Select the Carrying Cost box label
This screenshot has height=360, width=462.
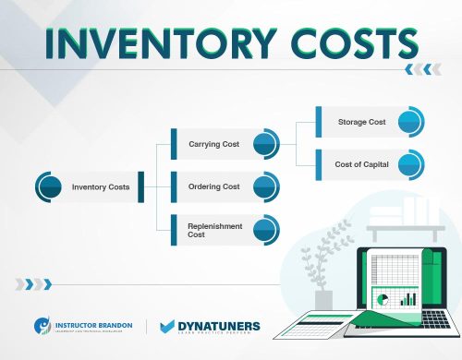click(214, 145)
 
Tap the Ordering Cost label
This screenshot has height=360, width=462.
click(214, 186)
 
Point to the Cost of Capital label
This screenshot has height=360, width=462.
click(361, 164)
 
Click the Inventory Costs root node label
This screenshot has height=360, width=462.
click(101, 187)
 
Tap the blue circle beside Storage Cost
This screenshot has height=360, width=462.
click(411, 121)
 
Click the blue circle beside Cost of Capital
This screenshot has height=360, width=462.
click(411, 164)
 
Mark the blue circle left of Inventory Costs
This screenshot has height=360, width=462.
click(49, 186)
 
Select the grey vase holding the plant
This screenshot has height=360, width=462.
click(323, 300)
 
